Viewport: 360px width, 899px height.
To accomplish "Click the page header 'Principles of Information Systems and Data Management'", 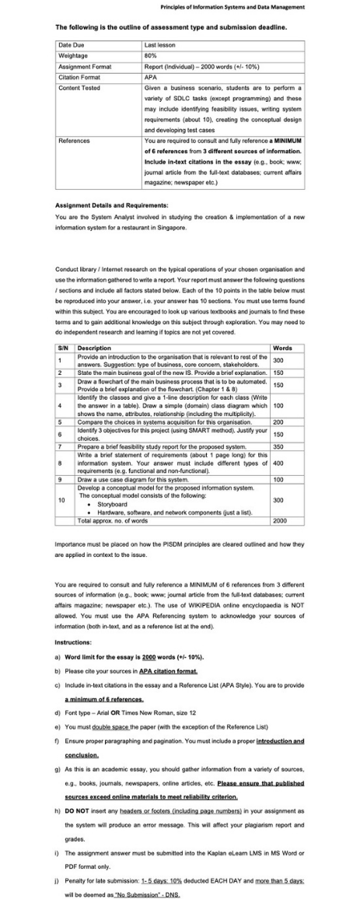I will tap(232, 7).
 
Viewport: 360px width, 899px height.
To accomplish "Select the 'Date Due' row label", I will tap(73, 47).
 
